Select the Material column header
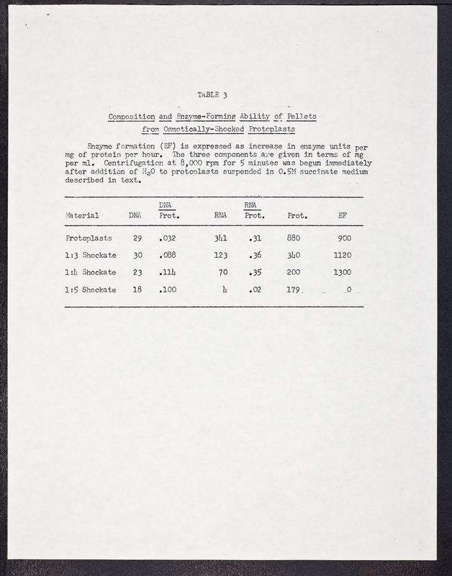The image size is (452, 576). [82, 215]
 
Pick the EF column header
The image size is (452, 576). [341, 215]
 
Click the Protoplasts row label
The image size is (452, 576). [89, 238]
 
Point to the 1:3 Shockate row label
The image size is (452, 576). [90, 255]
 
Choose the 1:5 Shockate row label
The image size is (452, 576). [90, 289]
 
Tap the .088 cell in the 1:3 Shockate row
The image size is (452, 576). [168, 255]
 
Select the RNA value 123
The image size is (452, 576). [221, 255]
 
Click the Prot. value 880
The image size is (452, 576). [293, 238]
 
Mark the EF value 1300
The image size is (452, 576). [343, 272]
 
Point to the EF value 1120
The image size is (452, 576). [343, 255]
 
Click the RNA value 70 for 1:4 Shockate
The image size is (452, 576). [223, 272]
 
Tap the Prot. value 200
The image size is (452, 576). [293, 272]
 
